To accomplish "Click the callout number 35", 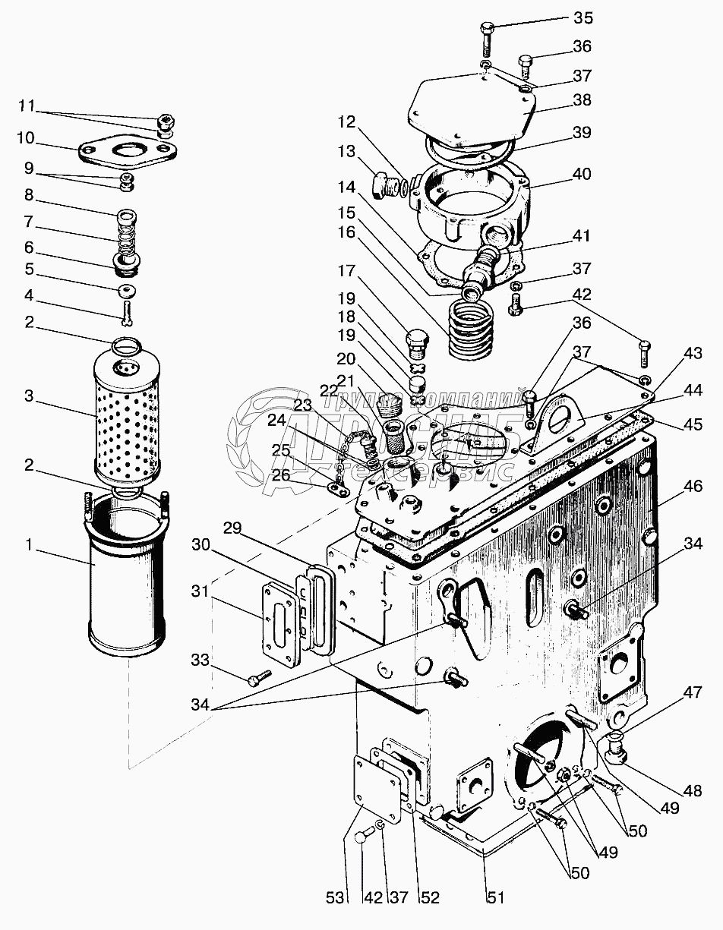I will click(583, 18).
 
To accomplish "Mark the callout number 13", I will click(346, 152).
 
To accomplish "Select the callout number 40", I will click(583, 174).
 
